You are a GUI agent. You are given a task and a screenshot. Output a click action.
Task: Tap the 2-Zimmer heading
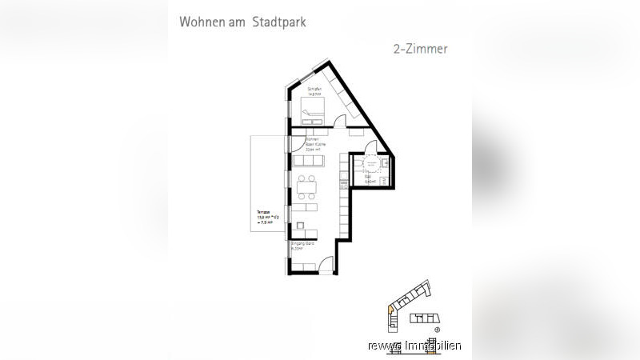coord(420,49)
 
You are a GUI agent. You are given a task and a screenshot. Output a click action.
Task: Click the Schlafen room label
coord(314,90)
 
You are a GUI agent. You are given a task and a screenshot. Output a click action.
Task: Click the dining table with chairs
coord(307,190)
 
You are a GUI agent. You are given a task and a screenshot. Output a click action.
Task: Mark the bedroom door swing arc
coord(340,122)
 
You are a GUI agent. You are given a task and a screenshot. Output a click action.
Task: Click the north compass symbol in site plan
coord(437,328)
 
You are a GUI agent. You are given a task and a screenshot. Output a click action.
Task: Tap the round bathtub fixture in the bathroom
coord(370,164)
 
